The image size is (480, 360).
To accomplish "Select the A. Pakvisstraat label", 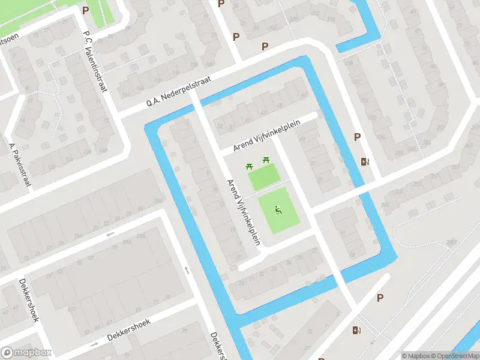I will pos(20,164).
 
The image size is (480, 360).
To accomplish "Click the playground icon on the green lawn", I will pos(278,209).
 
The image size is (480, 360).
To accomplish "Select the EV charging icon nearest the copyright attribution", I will pos(358,330).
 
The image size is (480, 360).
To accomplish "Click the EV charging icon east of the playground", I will pos(365,161).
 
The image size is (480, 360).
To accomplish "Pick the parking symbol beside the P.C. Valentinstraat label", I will pos(85,10).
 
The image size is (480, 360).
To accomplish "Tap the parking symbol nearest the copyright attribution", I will pos(380,298).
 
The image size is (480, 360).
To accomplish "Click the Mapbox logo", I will pos(26,353).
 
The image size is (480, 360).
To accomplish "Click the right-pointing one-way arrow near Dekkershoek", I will pos(94,344).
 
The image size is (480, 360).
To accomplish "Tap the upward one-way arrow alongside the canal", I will pos(186,270).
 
